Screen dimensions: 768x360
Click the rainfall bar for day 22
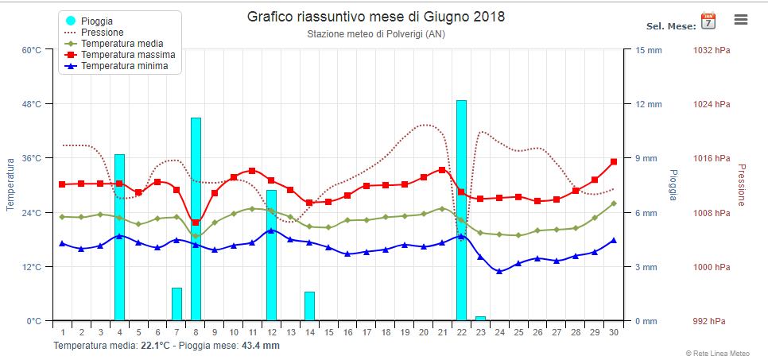[461, 210]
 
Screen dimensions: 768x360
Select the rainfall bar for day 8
[196, 219]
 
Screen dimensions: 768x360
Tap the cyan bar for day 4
[119, 237]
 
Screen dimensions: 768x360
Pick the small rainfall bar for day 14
[309, 306]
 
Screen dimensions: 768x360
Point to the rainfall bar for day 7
[176, 304]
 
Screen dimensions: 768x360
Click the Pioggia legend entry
[91, 21]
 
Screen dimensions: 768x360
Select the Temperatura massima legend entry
[121, 54]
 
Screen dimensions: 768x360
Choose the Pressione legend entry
[95, 33]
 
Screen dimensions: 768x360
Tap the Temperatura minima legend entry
[118, 65]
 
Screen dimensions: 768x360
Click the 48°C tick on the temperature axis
[30, 104]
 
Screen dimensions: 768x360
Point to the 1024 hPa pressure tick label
[712, 104]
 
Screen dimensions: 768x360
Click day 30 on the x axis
[613, 332]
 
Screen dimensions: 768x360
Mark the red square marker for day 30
[613, 161]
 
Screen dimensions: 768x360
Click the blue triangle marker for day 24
[499, 271]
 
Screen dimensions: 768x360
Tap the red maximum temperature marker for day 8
[196, 223]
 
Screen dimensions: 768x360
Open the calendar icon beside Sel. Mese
[708, 21]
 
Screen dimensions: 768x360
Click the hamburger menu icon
[741, 20]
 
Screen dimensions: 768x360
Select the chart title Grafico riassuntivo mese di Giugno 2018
[376, 17]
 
